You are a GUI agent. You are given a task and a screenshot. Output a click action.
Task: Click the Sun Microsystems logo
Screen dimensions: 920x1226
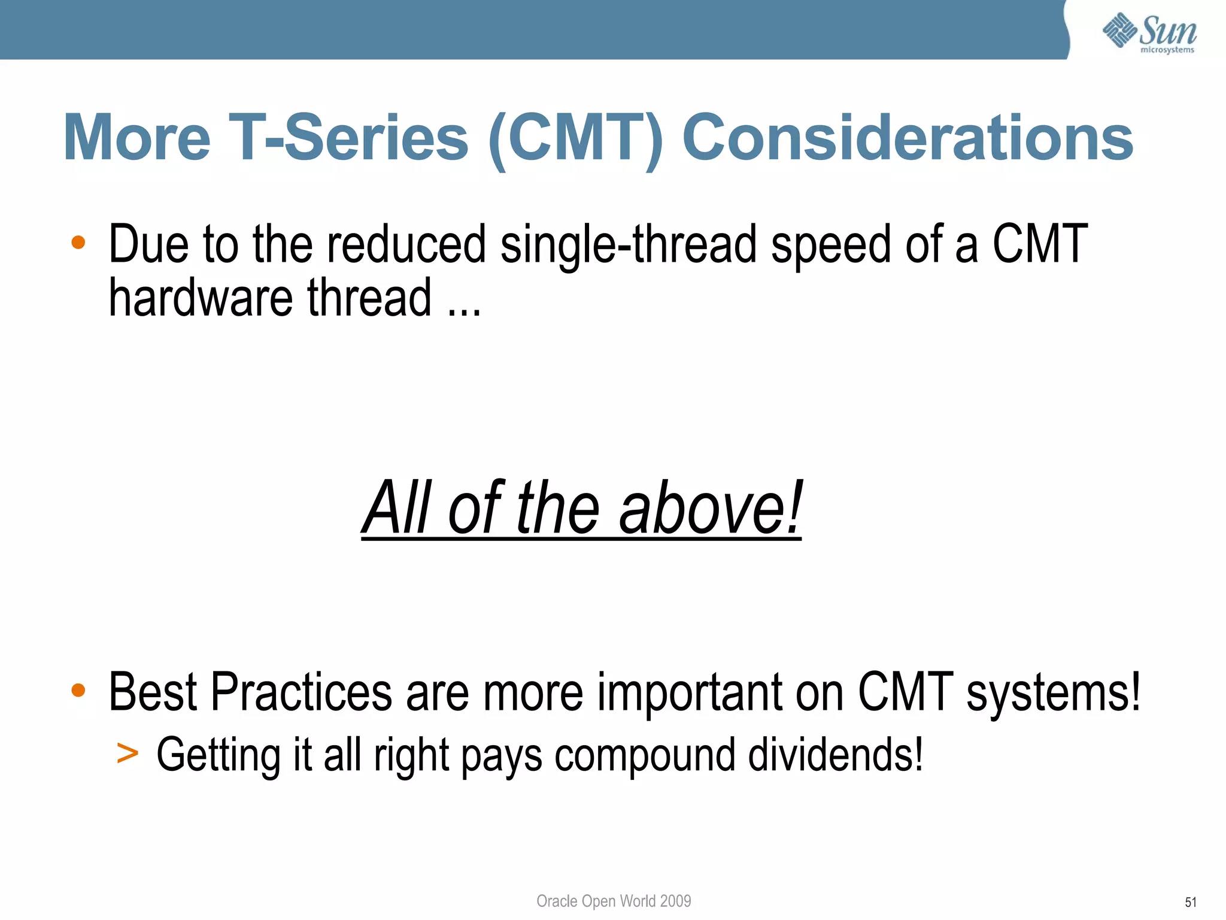pos(1149,33)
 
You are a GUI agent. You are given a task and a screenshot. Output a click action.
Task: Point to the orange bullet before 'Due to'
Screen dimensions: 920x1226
pos(78,243)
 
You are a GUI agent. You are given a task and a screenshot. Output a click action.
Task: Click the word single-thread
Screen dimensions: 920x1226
pos(628,244)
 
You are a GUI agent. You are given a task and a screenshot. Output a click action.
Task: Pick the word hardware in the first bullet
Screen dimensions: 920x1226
pos(201,298)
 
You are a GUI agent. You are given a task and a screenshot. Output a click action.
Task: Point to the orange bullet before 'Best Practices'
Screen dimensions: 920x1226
pos(78,691)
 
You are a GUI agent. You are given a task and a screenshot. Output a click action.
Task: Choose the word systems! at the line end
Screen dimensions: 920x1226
pos(1054,694)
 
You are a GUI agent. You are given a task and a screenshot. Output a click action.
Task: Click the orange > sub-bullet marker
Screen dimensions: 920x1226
pos(128,753)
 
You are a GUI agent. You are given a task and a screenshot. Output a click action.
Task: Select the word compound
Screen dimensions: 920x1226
pos(644,756)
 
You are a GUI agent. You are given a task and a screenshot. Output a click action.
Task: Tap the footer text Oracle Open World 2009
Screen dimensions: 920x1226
pos(614,901)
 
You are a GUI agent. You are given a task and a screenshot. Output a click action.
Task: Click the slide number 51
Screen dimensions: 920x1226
pos(1190,902)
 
